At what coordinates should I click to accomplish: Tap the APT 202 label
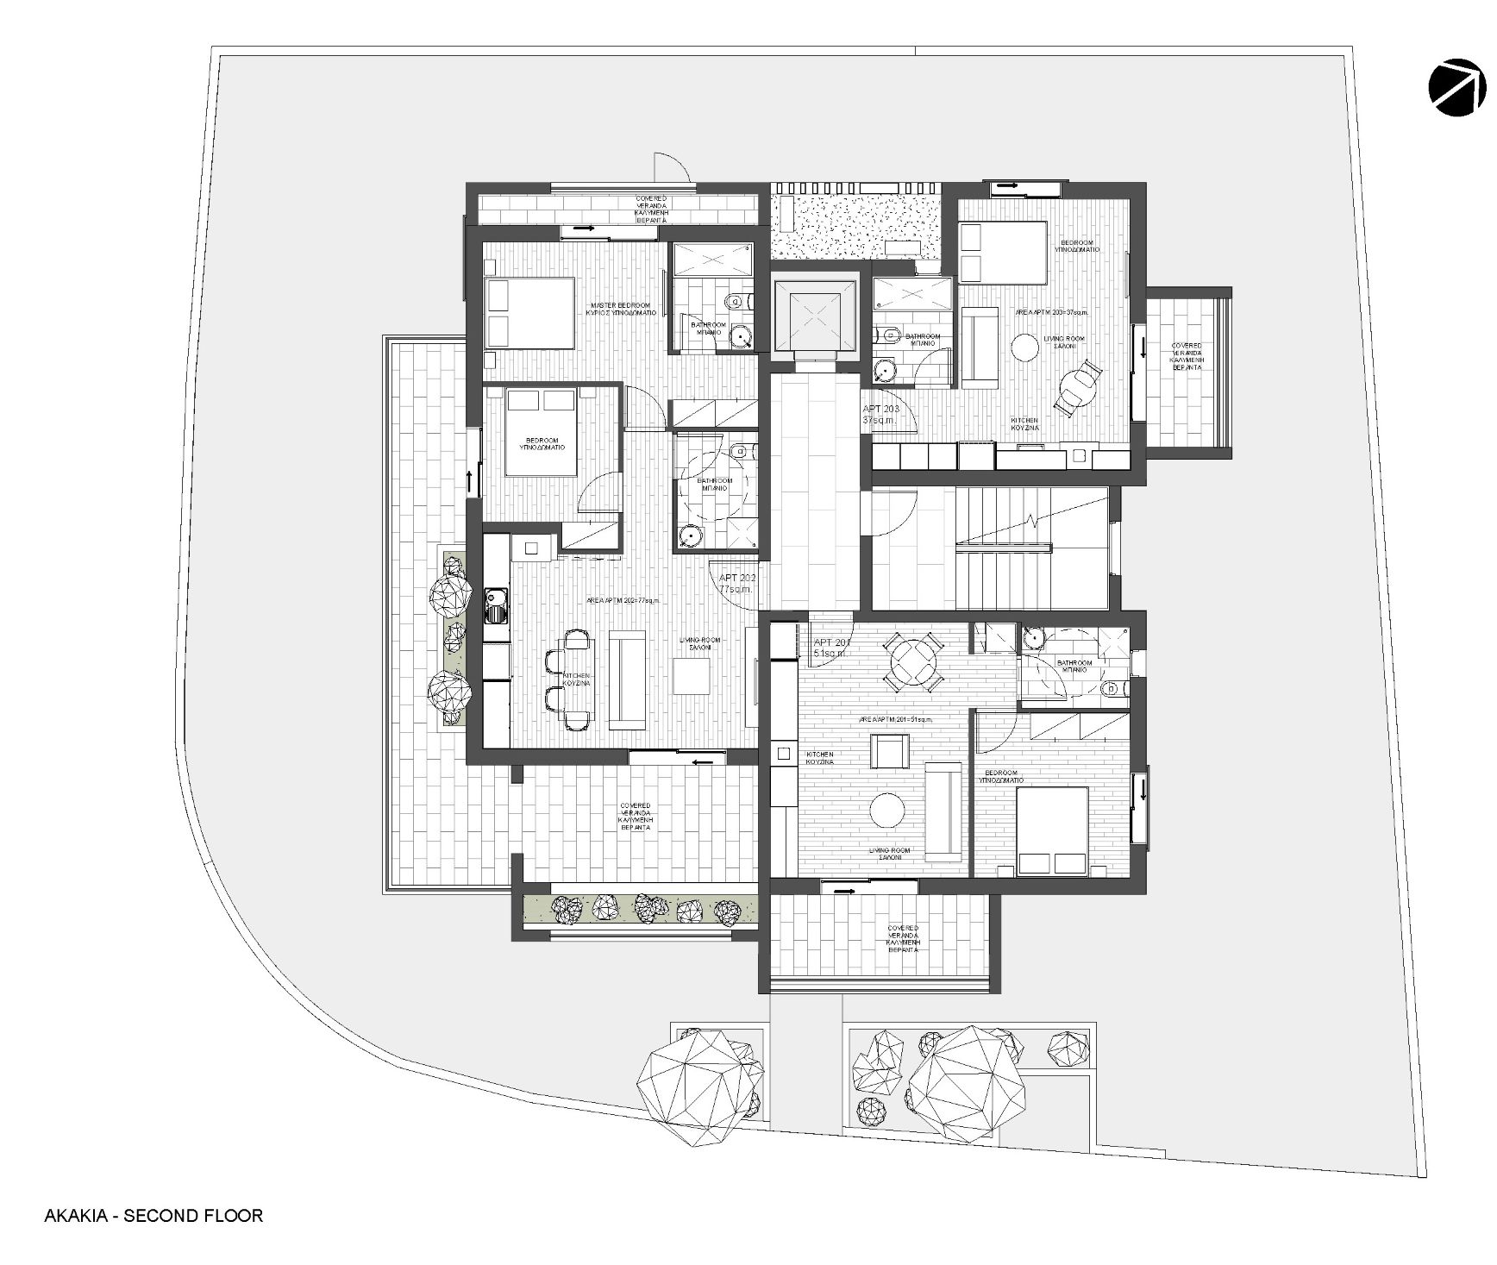click(737, 583)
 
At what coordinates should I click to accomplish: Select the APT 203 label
click(880, 414)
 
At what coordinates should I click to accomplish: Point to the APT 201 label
click(832, 648)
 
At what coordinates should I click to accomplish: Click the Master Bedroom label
click(622, 310)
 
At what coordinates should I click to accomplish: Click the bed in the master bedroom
click(529, 312)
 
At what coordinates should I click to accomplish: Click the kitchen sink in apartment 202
click(496, 604)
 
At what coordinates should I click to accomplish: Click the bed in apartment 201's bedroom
click(1052, 830)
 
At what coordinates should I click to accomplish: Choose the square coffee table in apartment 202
click(692, 675)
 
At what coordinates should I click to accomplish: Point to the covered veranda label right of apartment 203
click(1187, 356)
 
